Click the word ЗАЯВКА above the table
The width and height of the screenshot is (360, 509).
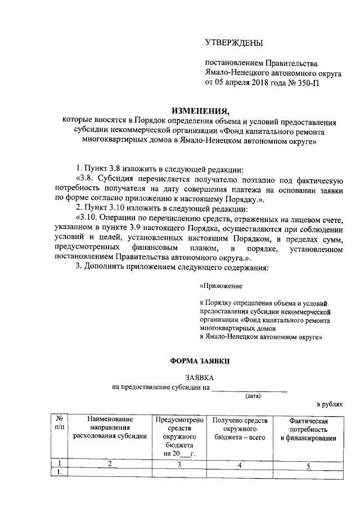(200, 379)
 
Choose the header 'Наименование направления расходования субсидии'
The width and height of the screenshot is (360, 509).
(110, 427)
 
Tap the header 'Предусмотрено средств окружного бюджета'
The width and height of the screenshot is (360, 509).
(179, 436)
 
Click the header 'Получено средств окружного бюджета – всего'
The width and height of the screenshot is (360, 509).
(240, 428)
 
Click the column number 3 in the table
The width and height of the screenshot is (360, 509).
(179, 465)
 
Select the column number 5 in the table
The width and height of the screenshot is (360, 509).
(308, 465)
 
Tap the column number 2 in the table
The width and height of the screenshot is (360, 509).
(110, 464)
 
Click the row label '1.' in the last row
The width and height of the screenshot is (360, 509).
(58, 472)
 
